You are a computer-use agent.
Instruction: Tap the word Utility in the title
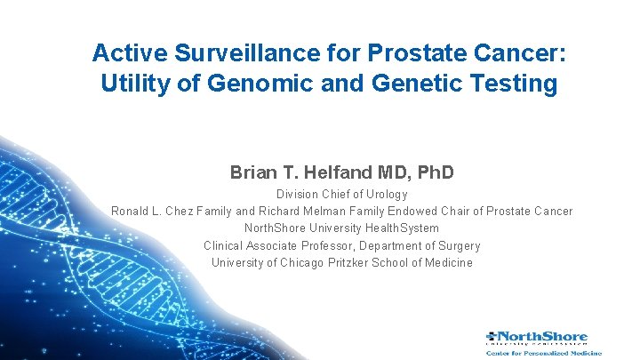(132, 84)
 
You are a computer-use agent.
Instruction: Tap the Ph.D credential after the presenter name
(431, 172)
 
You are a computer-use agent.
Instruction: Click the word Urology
(386, 195)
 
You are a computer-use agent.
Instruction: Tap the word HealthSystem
(397, 228)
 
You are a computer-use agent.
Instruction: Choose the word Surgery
(457, 245)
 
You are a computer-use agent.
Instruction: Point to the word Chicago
(302, 262)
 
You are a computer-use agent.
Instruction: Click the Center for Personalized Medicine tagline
(537, 352)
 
